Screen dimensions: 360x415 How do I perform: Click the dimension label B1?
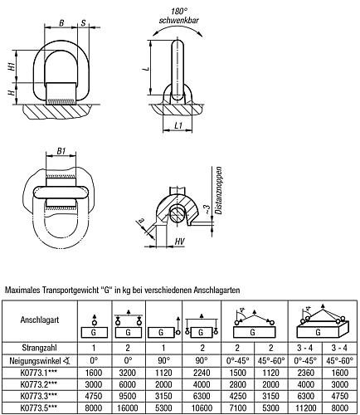61,151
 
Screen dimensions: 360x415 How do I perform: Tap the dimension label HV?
179,242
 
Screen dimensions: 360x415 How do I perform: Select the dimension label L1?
178,125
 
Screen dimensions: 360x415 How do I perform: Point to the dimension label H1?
12,66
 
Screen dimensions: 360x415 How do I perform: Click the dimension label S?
84,23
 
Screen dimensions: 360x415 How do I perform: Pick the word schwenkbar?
179,20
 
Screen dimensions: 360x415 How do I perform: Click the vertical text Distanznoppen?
219,190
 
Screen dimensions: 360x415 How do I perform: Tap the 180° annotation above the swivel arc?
179,12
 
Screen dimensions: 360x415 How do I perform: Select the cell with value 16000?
128,408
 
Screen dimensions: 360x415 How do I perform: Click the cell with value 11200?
306,408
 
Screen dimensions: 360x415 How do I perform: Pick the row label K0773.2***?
39,384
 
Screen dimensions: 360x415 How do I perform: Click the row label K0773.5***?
39,408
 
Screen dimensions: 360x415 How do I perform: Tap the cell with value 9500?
128,396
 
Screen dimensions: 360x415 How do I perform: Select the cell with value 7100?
238,408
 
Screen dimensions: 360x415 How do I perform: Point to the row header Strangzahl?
39,348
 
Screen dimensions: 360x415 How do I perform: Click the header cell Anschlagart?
40,320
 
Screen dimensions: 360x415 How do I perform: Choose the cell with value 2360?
306,373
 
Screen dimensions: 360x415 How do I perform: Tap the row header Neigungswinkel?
36,361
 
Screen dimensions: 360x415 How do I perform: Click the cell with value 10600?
202,408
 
